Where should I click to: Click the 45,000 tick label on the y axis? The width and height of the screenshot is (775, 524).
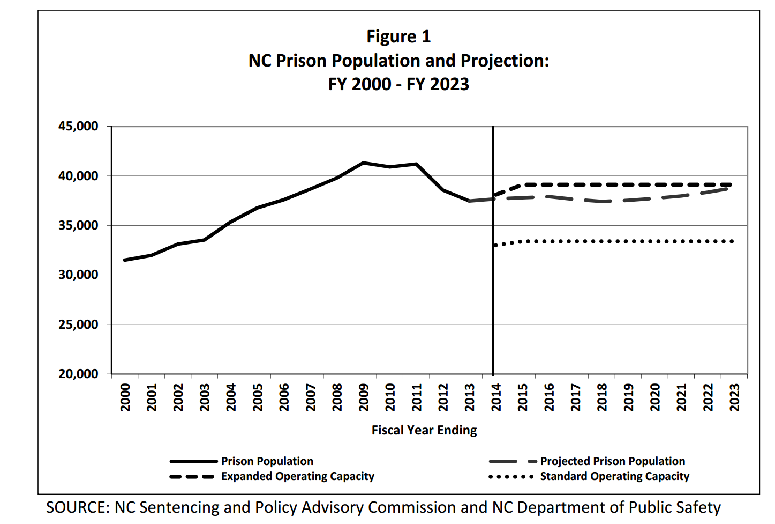pyautogui.click(x=78, y=127)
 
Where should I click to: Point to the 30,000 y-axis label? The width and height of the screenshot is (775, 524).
pyautogui.click(x=78, y=275)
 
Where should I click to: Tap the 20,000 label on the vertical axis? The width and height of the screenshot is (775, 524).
pyautogui.click(x=78, y=374)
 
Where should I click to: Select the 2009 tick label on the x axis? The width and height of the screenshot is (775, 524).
pyautogui.click(x=364, y=397)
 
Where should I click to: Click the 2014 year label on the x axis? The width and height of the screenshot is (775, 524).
pyautogui.click(x=496, y=397)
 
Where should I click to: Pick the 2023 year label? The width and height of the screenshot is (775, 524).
pyautogui.click(x=734, y=397)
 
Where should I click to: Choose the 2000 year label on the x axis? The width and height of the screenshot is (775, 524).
pyautogui.click(x=125, y=397)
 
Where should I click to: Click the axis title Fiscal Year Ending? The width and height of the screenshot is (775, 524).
pyautogui.click(x=424, y=430)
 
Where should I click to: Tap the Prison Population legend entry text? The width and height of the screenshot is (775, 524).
pyautogui.click(x=267, y=461)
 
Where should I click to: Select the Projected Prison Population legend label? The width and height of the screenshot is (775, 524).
pyautogui.click(x=612, y=461)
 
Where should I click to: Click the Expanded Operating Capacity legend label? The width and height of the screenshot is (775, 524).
pyautogui.click(x=297, y=476)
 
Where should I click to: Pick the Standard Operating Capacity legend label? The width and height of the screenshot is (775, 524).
pyautogui.click(x=614, y=476)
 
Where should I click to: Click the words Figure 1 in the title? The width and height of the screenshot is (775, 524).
pyautogui.click(x=398, y=36)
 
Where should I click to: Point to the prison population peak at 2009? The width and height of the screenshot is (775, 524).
pyautogui.click(x=363, y=163)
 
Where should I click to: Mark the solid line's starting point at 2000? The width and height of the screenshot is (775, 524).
pyautogui.click(x=125, y=260)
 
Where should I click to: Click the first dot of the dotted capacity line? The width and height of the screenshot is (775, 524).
pyautogui.click(x=496, y=245)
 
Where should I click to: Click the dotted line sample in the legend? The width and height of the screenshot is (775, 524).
pyautogui.click(x=511, y=476)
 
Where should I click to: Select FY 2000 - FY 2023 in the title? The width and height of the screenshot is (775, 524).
pyautogui.click(x=398, y=84)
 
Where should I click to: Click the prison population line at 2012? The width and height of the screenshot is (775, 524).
pyautogui.click(x=443, y=190)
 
